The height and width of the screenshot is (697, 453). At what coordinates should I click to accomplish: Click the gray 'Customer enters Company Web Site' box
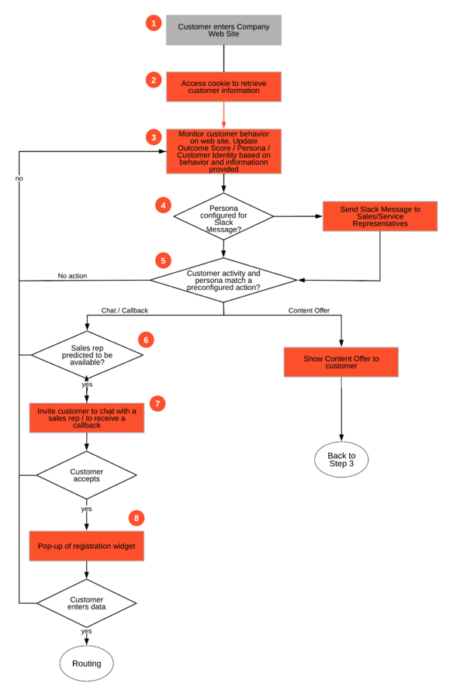pos(223,29)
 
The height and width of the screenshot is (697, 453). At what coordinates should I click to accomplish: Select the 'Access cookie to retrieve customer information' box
pos(223,87)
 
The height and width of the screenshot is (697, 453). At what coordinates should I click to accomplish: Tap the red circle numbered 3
pos(154,137)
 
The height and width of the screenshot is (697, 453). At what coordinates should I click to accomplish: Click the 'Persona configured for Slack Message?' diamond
pos(223,216)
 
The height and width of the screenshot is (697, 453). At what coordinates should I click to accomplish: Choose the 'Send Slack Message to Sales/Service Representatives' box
pos(380,216)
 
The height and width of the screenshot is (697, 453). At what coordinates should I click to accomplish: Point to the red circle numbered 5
pos(163,261)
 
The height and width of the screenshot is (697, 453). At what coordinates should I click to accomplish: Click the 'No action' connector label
pos(72,275)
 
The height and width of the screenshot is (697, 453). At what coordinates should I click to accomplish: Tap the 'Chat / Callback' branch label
pos(124,310)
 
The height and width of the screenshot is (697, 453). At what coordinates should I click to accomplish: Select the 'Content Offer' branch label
pos(309,310)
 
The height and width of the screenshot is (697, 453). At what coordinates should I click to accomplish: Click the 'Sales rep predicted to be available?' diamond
pos(87,355)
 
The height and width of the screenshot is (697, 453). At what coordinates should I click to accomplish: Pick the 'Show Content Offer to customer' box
pos(341,362)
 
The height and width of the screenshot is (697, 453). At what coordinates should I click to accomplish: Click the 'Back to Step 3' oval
pos(341,460)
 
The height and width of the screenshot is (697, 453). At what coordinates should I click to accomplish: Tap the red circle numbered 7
pos(157,404)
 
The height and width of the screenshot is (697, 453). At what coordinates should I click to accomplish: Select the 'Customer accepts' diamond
pos(86,475)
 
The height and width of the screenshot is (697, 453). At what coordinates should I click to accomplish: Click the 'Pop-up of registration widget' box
pos(87,546)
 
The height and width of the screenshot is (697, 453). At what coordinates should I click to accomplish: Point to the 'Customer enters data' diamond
pos(86,603)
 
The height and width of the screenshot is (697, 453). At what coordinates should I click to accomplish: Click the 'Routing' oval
pos(87,663)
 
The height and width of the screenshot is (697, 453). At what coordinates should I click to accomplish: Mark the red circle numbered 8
pos(137,518)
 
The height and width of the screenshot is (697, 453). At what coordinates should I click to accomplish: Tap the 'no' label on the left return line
pos(19,178)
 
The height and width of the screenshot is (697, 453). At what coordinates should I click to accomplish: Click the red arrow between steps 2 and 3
pos(223,115)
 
